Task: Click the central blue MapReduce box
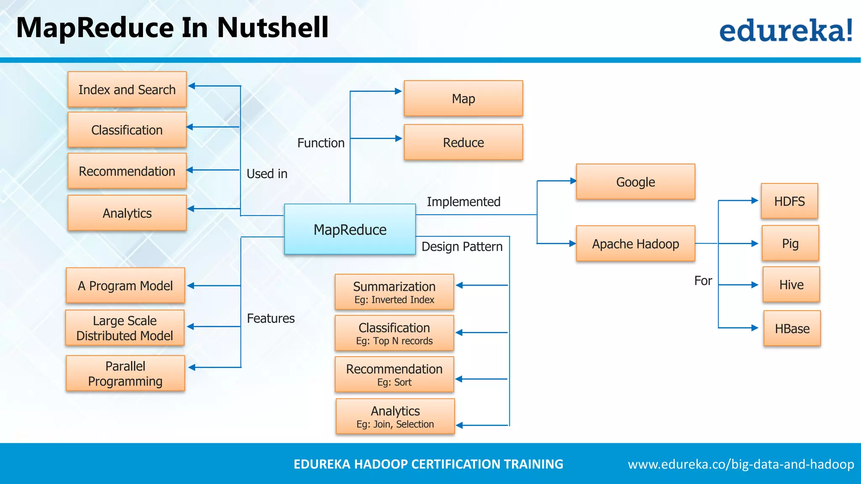pyautogui.click(x=350, y=229)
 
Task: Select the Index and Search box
pyautogui.click(x=127, y=89)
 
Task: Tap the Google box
pyautogui.click(x=635, y=182)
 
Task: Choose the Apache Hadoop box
pyautogui.click(x=635, y=244)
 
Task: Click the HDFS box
pyautogui.click(x=789, y=201)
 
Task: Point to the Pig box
pyautogui.click(x=790, y=243)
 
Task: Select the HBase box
pyautogui.click(x=792, y=329)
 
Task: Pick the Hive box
pyautogui.click(x=791, y=284)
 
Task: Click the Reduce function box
pyautogui.click(x=463, y=142)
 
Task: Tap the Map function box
pyautogui.click(x=463, y=99)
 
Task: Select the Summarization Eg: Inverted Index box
pyautogui.click(x=394, y=292)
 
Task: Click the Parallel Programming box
pyautogui.click(x=125, y=374)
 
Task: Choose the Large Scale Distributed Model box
pyautogui.click(x=125, y=328)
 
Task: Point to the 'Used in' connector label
pyautogui.click(x=267, y=174)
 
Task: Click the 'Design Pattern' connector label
pyautogui.click(x=462, y=247)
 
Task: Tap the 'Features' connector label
pyautogui.click(x=271, y=318)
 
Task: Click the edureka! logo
pyautogui.click(x=786, y=30)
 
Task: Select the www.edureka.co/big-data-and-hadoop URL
pyautogui.click(x=741, y=464)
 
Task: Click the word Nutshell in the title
pyautogui.click(x=272, y=28)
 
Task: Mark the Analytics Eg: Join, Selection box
pyautogui.click(x=395, y=416)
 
